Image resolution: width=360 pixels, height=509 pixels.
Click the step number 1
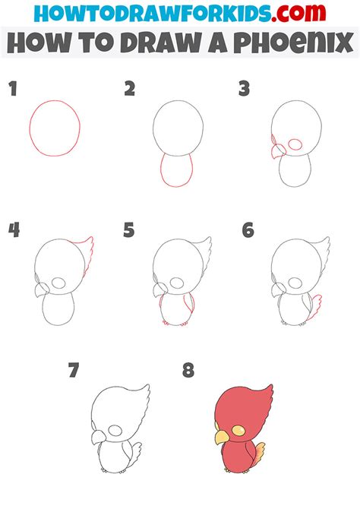tap(12, 90)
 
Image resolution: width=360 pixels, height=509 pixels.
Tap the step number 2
tap(130, 90)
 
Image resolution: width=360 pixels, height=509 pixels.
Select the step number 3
tap(244, 90)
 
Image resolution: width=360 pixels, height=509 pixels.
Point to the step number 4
tap(14, 229)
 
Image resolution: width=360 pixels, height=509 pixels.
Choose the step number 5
tap(129, 229)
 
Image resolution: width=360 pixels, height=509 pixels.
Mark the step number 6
tap(248, 229)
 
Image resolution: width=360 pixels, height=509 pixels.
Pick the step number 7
tap(73, 371)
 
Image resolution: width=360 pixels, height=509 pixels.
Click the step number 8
tap(188, 371)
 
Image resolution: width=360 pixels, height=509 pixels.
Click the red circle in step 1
tap(55, 128)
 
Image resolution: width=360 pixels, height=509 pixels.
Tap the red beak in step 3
tap(275, 149)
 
